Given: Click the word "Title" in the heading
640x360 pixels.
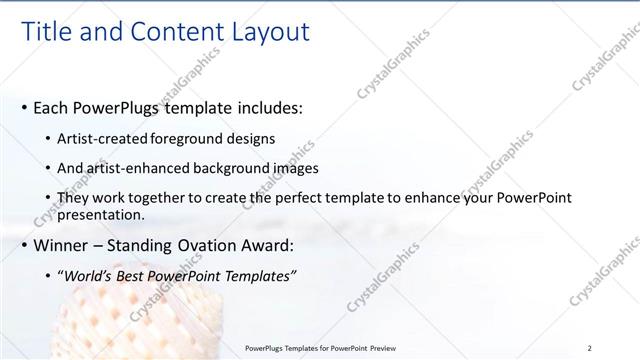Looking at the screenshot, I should click(46, 32).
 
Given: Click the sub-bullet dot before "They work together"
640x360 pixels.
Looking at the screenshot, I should click(51, 199).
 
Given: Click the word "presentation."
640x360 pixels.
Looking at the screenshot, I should click(105, 215).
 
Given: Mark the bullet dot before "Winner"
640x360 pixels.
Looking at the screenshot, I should click(24, 244).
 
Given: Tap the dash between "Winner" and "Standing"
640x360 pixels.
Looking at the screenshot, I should click(98, 244).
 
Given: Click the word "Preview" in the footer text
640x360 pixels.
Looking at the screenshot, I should click(376, 348).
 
